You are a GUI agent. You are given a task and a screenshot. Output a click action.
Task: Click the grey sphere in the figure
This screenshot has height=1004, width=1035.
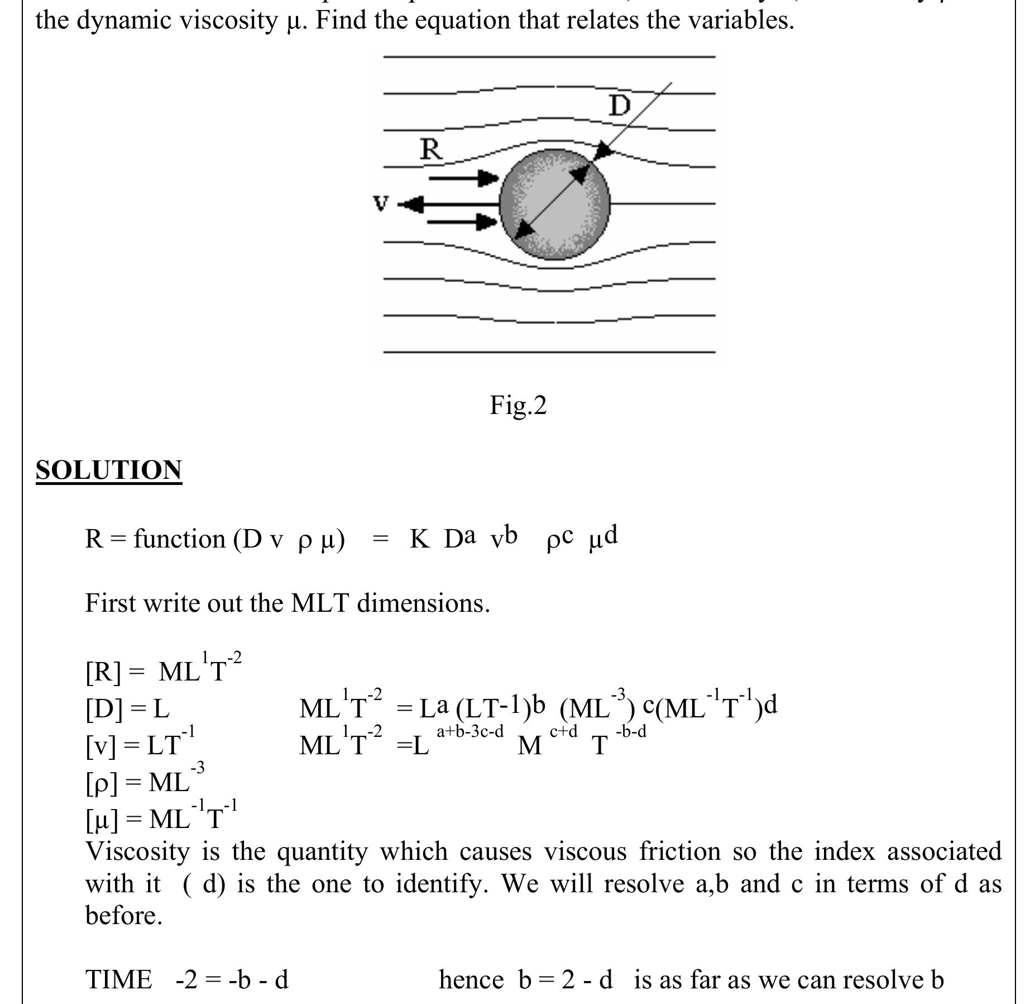click(x=554, y=204)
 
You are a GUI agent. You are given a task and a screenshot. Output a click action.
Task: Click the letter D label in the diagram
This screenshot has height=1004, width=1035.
click(x=619, y=106)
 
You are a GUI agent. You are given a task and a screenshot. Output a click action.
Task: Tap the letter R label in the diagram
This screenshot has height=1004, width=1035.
click(x=430, y=150)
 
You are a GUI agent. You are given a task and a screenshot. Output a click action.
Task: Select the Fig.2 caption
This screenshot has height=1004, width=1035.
click(x=518, y=405)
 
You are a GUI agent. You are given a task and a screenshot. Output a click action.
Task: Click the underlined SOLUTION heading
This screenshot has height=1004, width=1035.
click(x=109, y=470)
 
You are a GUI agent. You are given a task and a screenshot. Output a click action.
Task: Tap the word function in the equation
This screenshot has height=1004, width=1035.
click(x=179, y=539)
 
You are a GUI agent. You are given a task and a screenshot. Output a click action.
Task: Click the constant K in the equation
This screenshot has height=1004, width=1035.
click(x=419, y=539)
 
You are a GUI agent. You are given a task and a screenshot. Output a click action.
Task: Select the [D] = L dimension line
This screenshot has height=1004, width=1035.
click(x=127, y=708)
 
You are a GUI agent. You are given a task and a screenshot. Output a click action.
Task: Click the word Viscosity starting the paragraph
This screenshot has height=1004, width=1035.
click(x=137, y=852)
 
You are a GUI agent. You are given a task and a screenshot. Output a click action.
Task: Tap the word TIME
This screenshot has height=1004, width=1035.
click(x=118, y=980)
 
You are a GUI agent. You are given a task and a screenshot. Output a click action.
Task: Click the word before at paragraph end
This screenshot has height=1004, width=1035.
click(x=123, y=916)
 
